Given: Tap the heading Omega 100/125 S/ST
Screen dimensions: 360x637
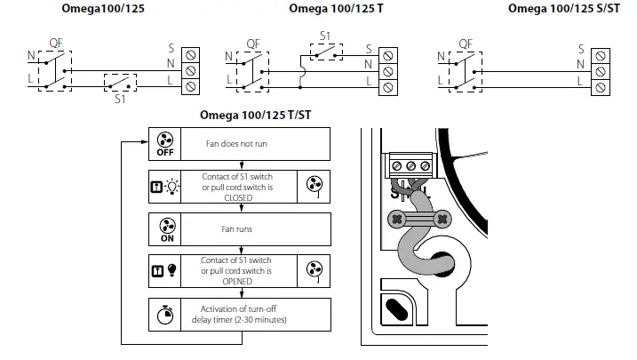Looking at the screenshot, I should [x=563, y=9].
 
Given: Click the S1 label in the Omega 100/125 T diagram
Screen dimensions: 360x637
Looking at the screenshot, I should [x=325, y=36].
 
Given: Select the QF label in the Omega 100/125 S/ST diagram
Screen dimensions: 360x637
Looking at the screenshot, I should [x=465, y=43].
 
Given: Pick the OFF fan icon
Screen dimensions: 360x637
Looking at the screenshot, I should [x=163, y=143].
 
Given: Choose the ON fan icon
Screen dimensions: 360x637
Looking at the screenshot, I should [x=163, y=228].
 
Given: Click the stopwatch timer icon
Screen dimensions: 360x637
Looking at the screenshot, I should [x=163, y=314].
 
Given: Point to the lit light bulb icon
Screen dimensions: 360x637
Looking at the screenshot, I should [x=170, y=187].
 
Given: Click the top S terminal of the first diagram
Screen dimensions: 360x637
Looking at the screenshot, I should [x=189, y=54].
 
